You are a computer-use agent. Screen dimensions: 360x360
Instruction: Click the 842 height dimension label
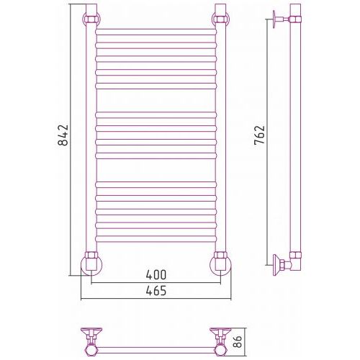tap(63, 135)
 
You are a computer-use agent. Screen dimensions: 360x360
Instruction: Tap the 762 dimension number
tap(259, 135)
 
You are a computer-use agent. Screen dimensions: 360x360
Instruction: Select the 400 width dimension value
tap(156, 275)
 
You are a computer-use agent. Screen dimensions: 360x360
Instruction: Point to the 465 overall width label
tap(156, 291)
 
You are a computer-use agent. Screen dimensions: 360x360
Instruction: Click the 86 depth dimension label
tap(238, 342)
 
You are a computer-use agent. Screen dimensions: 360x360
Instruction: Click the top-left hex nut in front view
tap(91, 19)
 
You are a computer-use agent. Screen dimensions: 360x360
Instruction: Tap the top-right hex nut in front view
tap(220, 19)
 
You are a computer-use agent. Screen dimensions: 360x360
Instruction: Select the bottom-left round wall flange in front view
tap(91, 265)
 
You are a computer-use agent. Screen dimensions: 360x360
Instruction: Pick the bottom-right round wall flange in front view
tap(220, 265)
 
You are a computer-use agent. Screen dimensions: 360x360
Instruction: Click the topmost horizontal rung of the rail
tap(156, 32)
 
